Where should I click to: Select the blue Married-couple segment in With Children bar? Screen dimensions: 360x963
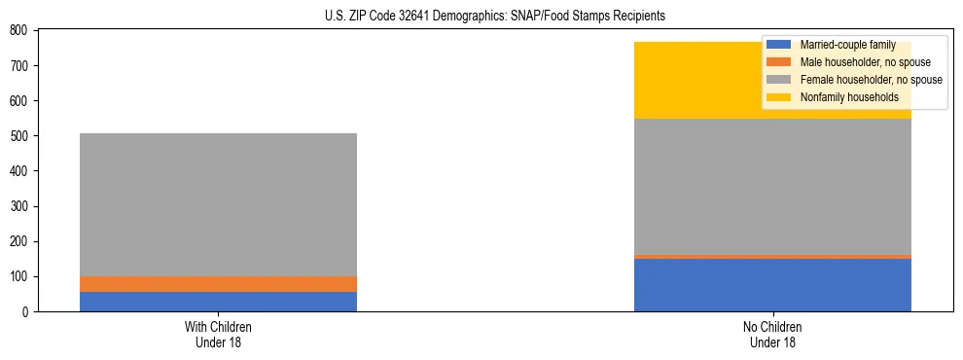click(218, 302)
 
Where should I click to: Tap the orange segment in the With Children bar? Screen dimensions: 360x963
click(218, 284)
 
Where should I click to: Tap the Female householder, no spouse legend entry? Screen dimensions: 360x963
click(871, 80)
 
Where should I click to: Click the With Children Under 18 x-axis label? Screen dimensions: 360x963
click(218, 334)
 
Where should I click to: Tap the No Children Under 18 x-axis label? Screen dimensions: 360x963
click(772, 334)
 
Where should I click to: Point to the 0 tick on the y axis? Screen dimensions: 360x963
click(26, 312)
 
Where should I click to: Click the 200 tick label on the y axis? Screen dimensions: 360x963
click(19, 241)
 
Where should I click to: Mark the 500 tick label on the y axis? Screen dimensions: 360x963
click(19, 136)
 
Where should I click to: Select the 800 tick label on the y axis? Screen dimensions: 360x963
click(19, 30)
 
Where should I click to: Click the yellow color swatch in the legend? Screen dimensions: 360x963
click(779, 97)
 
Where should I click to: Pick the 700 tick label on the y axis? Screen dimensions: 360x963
click(19, 66)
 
